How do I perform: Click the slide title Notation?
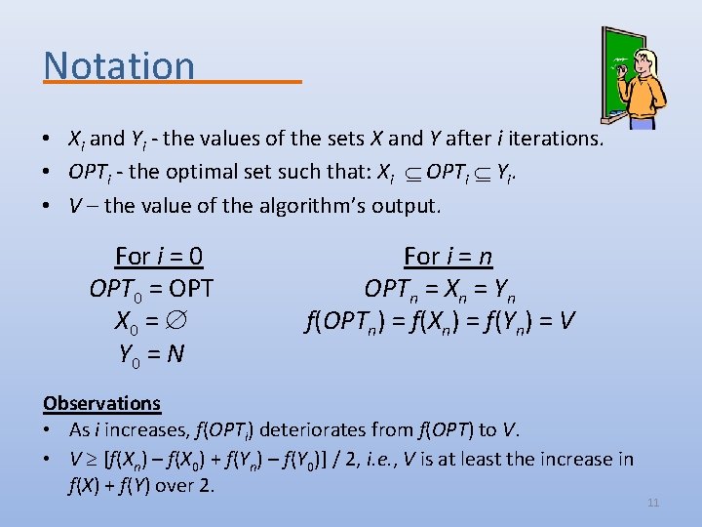119,64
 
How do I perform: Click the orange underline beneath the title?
172,83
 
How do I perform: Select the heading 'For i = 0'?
158,257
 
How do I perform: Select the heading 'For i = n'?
448,257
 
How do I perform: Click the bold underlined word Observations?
101,403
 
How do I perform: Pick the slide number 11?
653,503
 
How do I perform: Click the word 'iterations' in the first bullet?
553,139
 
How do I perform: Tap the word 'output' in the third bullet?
404,206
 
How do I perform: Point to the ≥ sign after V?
93,459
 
